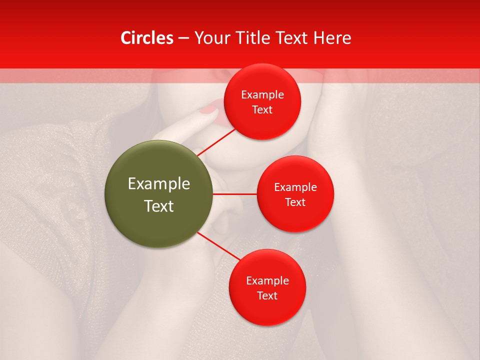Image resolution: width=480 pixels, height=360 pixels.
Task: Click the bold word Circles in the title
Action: coord(147,38)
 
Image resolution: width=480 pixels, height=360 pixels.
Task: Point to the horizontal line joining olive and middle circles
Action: coord(234,193)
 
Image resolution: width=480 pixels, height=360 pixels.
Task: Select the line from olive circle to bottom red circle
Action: coord(219,246)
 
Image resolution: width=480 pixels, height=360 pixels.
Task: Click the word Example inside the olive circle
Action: coord(159,184)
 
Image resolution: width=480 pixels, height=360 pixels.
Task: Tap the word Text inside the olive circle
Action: coord(159,206)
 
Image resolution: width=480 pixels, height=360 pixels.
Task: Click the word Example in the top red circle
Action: coord(262,95)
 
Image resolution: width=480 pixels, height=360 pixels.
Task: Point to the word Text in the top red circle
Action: coord(262,110)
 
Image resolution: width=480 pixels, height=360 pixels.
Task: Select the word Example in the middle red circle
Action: coord(295,187)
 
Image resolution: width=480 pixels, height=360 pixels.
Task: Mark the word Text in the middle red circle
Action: coord(295,202)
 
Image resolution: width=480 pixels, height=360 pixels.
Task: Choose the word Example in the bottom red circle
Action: coord(267,281)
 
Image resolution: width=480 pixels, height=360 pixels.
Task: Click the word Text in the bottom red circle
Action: coord(267,296)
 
